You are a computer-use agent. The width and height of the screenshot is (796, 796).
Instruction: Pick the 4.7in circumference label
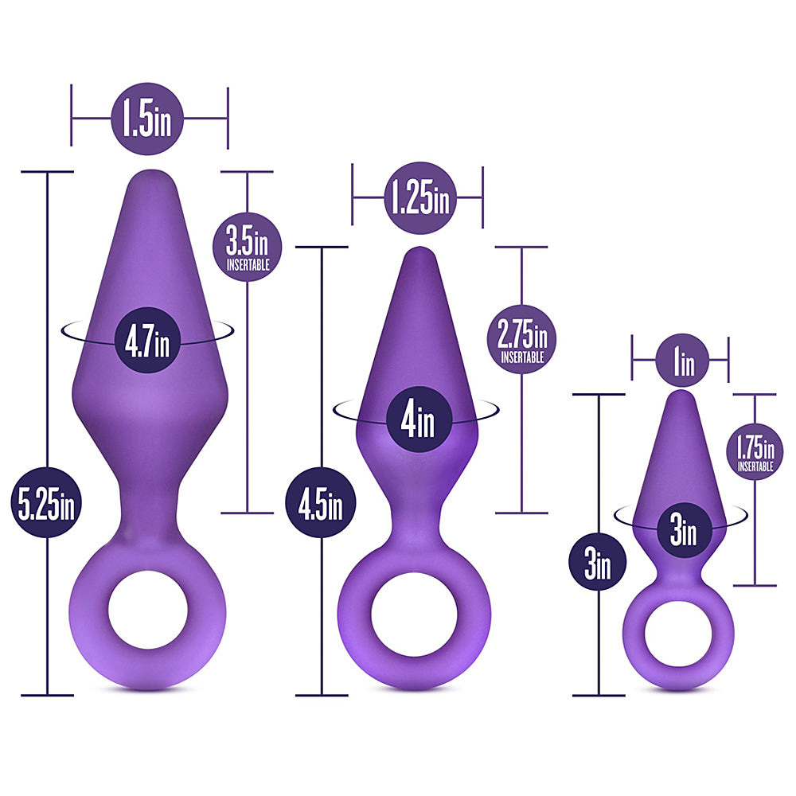[147, 341]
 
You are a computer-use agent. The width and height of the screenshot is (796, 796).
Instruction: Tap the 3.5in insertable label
[248, 245]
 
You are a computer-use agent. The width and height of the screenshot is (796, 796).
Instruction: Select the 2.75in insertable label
[521, 339]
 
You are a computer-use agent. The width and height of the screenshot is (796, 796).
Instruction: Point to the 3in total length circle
[597, 564]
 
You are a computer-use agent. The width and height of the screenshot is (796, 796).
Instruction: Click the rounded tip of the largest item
[150, 178]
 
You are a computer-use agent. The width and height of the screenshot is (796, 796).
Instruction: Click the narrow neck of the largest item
[148, 509]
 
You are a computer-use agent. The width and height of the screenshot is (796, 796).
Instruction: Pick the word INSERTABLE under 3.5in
[248, 264]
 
